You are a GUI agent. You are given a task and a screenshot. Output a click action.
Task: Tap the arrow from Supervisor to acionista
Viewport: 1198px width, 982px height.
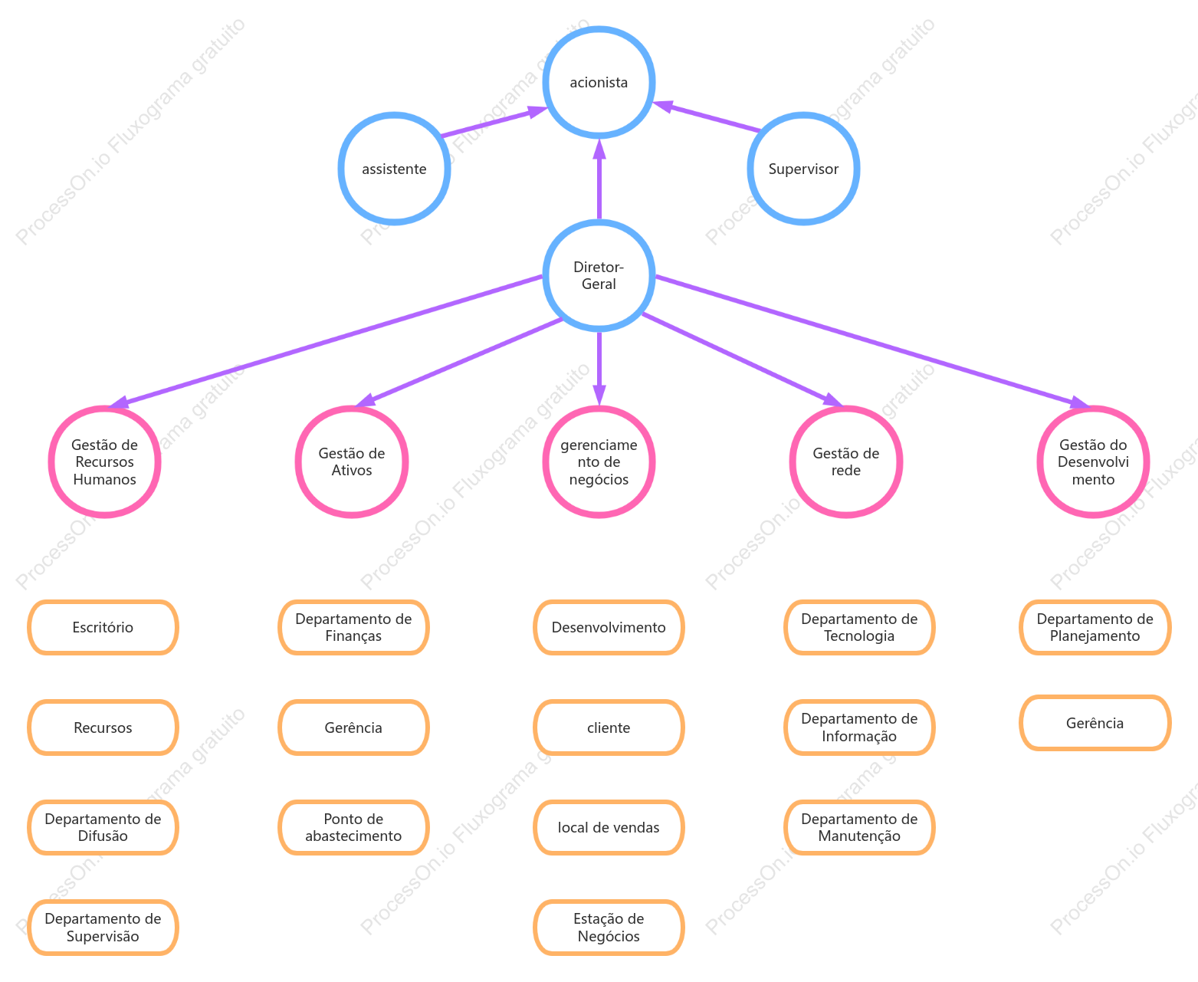[x=706, y=117]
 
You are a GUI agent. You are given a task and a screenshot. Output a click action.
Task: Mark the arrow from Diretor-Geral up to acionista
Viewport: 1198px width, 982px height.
[x=599, y=179]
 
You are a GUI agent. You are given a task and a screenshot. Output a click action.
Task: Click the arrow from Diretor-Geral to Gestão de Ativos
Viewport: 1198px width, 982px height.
[x=459, y=363]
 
